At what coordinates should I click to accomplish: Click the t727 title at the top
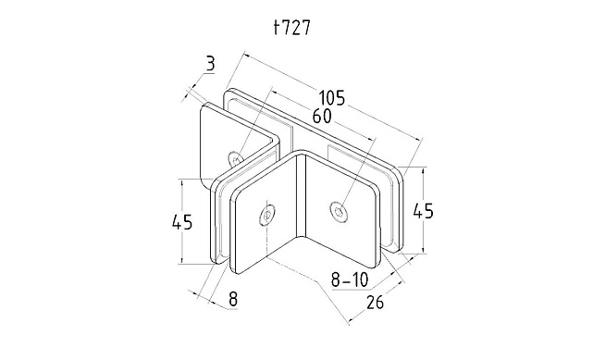[292, 28]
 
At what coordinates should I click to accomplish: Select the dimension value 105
[332, 98]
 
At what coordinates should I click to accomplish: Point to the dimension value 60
[322, 117]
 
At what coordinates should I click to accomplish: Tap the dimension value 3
[210, 64]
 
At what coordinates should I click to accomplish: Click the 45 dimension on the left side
[182, 222]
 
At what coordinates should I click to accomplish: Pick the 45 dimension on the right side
[423, 211]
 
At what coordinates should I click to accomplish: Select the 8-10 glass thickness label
[349, 279]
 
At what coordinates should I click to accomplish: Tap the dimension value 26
[375, 302]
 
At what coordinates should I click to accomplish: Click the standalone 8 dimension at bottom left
[233, 299]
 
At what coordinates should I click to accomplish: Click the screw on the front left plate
[266, 216]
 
